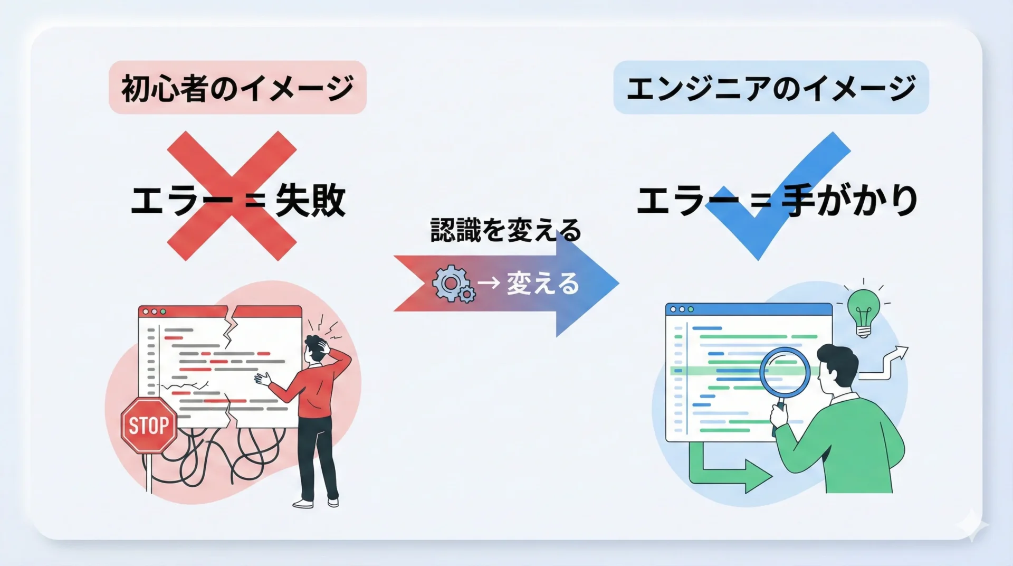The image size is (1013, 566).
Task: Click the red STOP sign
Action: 149,426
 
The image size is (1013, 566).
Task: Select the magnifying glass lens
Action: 785,372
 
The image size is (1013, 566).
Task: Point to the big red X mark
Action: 232,196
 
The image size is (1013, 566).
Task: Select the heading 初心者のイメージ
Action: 237,88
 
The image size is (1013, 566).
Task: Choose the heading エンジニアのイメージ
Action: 771,88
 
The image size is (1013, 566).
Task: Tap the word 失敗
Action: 310,201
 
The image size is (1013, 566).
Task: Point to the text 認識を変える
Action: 506,230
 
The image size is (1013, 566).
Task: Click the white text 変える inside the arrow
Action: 543,284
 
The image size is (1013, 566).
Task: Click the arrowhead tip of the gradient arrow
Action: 619,284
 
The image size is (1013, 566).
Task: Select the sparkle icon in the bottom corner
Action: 972,526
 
